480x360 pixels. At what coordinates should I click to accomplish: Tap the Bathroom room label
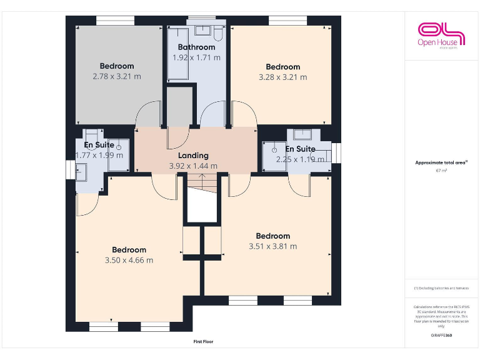[x=196, y=47]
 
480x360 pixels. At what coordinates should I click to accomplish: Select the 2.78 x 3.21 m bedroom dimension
[x=117, y=76]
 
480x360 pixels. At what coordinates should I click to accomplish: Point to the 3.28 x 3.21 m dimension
[x=282, y=77]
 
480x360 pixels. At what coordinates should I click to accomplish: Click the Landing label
[x=193, y=156]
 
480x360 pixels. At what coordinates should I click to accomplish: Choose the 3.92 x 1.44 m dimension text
[x=193, y=166]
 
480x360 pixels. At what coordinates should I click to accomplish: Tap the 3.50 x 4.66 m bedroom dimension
[x=129, y=261]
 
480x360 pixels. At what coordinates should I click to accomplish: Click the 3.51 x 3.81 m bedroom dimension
[x=273, y=246]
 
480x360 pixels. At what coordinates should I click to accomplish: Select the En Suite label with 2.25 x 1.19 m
[x=300, y=149]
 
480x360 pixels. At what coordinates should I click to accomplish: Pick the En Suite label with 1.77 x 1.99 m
[x=99, y=145]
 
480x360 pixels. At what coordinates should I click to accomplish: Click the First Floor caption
[x=203, y=342]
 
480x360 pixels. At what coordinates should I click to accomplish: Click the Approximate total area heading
[x=441, y=162]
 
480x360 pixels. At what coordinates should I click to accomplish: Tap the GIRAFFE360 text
[x=441, y=336]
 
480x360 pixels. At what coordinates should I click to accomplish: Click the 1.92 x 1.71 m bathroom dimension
[x=196, y=57]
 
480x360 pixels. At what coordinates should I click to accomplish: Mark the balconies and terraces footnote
[x=441, y=288]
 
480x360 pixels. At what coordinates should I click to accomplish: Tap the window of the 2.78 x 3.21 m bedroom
[x=115, y=21]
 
